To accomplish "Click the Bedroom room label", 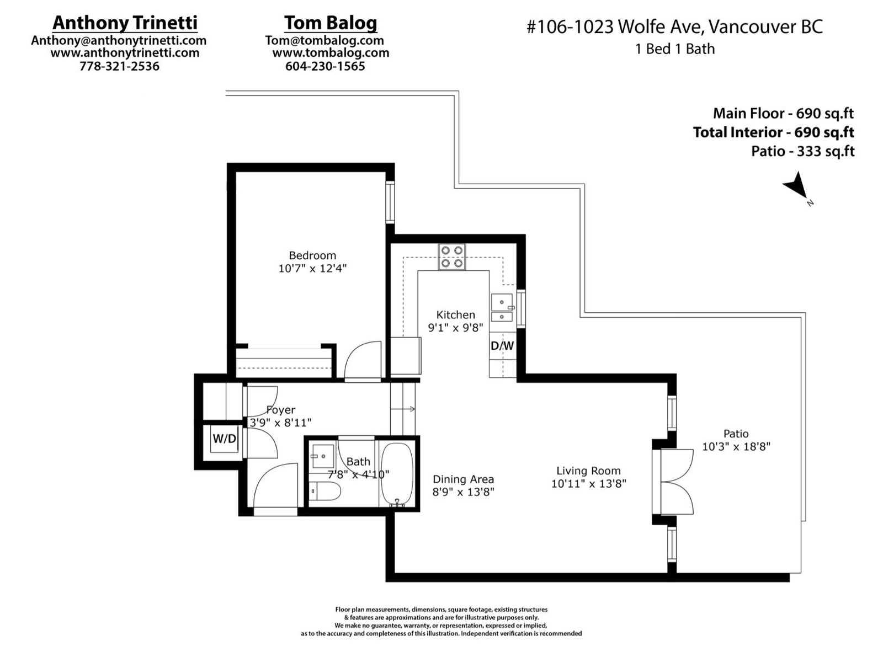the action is click(x=312, y=255).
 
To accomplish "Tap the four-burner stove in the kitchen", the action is click(x=452, y=257).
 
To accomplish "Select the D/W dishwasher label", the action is click(x=502, y=345).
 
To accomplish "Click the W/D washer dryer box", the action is click(x=224, y=439).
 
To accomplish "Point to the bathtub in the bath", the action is click(x=397, y=475).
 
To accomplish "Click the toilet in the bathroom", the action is click(x=325, y=491).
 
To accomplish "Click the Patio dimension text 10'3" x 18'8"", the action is click(x=736, y=446).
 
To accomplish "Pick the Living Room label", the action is click(x=588, y=471).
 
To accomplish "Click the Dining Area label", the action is click(x=463, y=479).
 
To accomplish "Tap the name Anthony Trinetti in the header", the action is click(x=125, y=23).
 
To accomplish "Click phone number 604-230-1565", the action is click(x=325, y=66).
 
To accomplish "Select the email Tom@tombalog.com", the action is click(x=325, y=40).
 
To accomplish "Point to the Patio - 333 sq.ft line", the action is click(x=802, y=152).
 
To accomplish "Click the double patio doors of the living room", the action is click(x=673, y=482).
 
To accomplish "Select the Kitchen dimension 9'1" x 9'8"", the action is click(x=455, y=328).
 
